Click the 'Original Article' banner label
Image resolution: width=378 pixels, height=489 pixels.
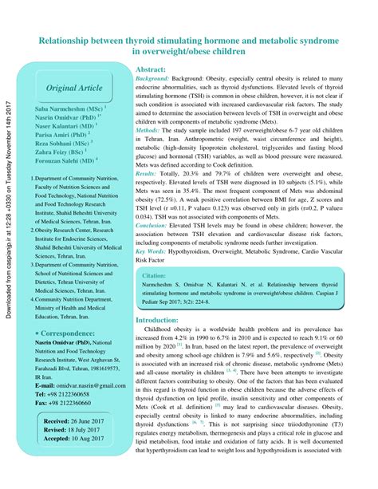(74, 87)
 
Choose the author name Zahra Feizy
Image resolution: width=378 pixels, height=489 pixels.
(64, 155)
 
